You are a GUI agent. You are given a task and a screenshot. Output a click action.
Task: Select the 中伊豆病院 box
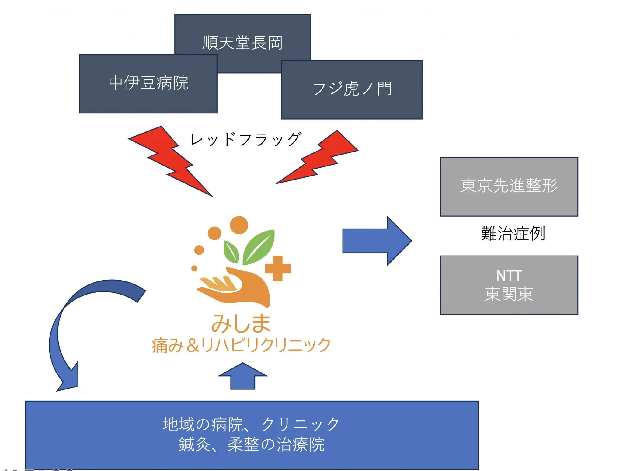(148, 83)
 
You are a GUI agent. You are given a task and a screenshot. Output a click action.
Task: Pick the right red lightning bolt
(318, 158)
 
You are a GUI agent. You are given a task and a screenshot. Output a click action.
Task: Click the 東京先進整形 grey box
(509, 187)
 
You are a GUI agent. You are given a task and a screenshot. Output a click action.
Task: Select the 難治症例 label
(513, 234)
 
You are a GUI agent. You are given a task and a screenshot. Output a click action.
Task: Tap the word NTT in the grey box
(509, 276)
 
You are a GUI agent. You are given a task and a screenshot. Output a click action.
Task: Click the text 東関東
(509, 294)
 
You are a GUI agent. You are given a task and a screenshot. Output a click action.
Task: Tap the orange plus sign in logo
(278, 268)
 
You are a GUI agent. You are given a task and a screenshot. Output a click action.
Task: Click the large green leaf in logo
(259, 246)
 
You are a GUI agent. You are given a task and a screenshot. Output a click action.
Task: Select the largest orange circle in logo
(239, 225)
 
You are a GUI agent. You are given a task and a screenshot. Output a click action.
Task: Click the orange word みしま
(241, 323)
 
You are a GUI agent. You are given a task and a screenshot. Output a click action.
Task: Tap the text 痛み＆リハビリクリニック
(241, 345)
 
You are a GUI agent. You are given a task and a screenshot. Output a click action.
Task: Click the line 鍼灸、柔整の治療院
(251, 445)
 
